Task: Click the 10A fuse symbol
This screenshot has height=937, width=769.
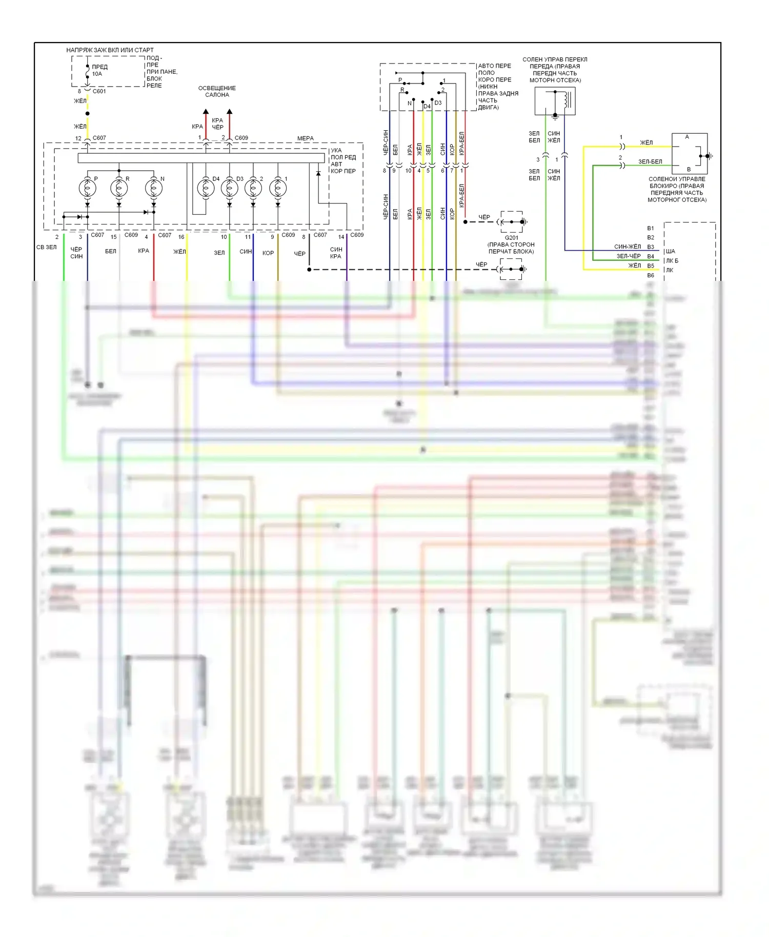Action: [x=88, y=74]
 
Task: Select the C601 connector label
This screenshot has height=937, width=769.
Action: [x=99, y=91]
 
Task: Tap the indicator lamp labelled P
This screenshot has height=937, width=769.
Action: [x=88, y=188]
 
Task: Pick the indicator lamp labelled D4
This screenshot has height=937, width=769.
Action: [x=206, y=188]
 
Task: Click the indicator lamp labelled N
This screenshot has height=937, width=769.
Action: [x=154, y=188]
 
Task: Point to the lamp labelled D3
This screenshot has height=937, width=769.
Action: [x=230, y=188]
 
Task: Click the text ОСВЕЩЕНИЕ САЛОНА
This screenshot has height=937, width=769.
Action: [x=217, y=91]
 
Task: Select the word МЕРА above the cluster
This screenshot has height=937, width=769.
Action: [x=305, y=138]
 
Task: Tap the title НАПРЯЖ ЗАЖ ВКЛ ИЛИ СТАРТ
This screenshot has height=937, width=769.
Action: [x=110, y=50]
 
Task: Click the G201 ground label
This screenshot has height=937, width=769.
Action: [x=511, y=238]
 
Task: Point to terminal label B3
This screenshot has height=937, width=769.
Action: [x=651, y=247]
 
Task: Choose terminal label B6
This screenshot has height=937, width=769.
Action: [x=651, y=275]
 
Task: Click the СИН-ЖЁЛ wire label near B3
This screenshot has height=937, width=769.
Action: [x=628, y=247]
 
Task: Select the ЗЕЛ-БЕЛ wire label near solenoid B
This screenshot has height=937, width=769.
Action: [x=650, y=162]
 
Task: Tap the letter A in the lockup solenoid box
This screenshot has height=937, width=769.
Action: [x=687, y=137]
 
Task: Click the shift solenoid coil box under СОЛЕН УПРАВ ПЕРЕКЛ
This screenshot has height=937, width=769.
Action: [x=555, y=100]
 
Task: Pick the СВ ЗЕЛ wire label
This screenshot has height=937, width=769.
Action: [x=47, y=247]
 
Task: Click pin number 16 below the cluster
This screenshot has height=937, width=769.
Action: [x=181, y=237]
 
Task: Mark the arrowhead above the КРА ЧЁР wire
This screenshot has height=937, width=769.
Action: [x=230, y=111]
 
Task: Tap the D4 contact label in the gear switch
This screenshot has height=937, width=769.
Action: [x=427, y=107]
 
